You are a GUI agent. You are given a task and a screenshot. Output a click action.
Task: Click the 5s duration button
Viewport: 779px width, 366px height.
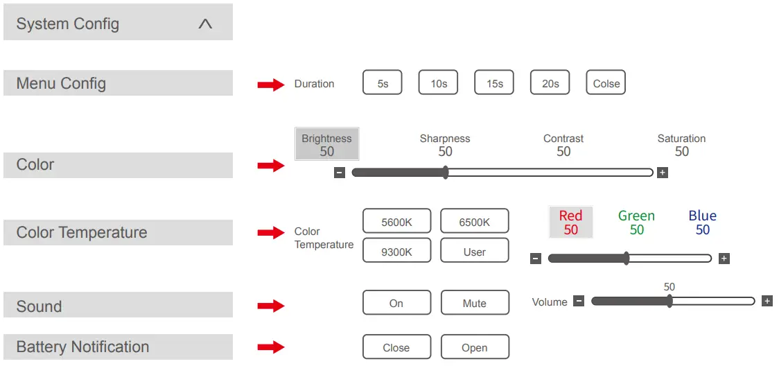point(383,83)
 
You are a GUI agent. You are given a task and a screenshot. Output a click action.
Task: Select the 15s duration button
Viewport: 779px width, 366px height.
point(494,83)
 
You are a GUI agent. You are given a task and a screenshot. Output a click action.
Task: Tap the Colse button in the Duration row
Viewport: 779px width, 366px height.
point(606,83)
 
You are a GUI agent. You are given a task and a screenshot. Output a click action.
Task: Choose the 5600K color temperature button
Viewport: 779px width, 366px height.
point(396,222)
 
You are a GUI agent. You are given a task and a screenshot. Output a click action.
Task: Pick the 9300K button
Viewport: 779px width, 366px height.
point(396,252)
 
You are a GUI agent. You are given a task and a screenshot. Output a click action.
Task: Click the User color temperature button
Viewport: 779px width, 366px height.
point(475,252)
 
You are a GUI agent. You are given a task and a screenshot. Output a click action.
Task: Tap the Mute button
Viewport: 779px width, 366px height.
point(475,303)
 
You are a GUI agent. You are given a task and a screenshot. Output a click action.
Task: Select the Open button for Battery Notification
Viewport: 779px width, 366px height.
point(475,347)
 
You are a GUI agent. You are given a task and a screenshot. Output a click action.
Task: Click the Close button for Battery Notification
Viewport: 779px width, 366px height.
point(396,347)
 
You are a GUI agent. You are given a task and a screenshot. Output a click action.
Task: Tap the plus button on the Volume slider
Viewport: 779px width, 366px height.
point(767,301)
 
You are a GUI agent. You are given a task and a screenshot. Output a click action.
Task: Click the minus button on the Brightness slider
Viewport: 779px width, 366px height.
point(340,173)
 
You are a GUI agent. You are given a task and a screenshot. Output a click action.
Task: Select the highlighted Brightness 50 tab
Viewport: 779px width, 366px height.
point(327,144)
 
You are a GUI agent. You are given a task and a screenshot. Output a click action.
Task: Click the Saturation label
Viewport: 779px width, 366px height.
point(681,139)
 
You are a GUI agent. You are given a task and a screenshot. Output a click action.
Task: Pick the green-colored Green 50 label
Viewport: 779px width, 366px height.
point(636,223)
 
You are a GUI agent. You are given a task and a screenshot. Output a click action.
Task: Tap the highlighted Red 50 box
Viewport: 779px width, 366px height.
point(570,223)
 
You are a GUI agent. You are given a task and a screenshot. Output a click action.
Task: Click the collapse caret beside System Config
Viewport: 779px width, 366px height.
point(205,24)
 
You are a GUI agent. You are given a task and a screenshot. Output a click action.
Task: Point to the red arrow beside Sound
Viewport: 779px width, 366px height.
point(271,306)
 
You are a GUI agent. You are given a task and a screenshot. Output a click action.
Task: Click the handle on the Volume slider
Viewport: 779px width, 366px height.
point(669,301)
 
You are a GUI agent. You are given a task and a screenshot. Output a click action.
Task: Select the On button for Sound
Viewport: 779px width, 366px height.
point(396,303)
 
